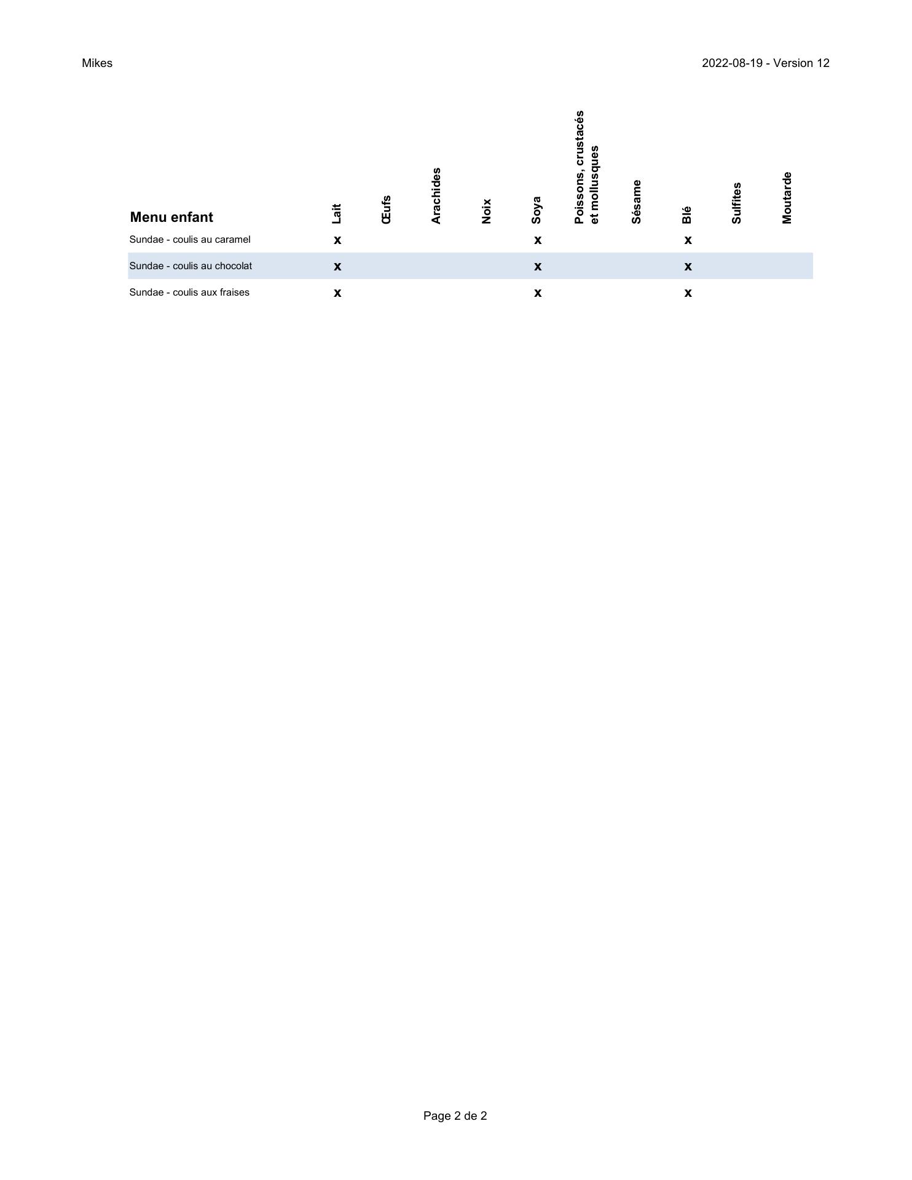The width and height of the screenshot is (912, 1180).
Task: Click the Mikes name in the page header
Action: pyautogui.click(x=97, y=63)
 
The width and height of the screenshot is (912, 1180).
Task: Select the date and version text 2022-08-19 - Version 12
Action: pyautogui.click(x=765, y=63)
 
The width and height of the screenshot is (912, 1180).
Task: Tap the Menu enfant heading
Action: pyautogui.click(x=171, y=217)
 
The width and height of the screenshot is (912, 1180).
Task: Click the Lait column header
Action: pyautogui.click(x=336, y=213)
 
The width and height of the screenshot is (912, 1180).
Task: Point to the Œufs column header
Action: pyautogui.click(x=387, y=210)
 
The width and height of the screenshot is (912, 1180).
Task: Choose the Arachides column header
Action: pyautogui.click(x=436, y=195)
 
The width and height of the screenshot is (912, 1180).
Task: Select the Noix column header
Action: pyautogui.click(x=487, y=211)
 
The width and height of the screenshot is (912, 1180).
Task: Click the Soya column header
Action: pyautogui.click(x=537, y=210)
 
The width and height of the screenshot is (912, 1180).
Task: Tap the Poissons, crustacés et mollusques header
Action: pyautogui.click(x=586, y=167)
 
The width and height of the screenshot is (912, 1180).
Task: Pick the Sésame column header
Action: pyautogui.click(x=637, y=202)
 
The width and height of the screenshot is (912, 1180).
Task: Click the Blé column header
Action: pyautogui.click(x=686, y=214)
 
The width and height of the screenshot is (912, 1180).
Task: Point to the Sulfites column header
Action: pyautogui.click(x=737, y=203)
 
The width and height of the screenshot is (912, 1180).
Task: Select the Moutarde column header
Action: pyautogui.click(x=787, y=197)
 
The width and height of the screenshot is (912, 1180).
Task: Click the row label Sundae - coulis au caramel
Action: pyautogui.click(x=190, y=240)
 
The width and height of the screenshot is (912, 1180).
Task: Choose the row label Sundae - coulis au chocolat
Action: pyautogui.click(x=191, y=266)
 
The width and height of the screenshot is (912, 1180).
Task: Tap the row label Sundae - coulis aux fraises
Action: pyautogui.click(x=189, y=293)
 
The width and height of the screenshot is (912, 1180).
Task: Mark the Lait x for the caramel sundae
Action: pyautogui.click(x=337, y=240)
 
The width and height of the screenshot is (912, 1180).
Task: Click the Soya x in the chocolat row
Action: pyautogui.click(x=538, y=267)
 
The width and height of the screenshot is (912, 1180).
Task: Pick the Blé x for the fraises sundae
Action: pyautogui.click(x=688, y=293)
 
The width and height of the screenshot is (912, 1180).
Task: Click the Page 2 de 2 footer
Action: pyautogui.click(x=455, y=1115)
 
